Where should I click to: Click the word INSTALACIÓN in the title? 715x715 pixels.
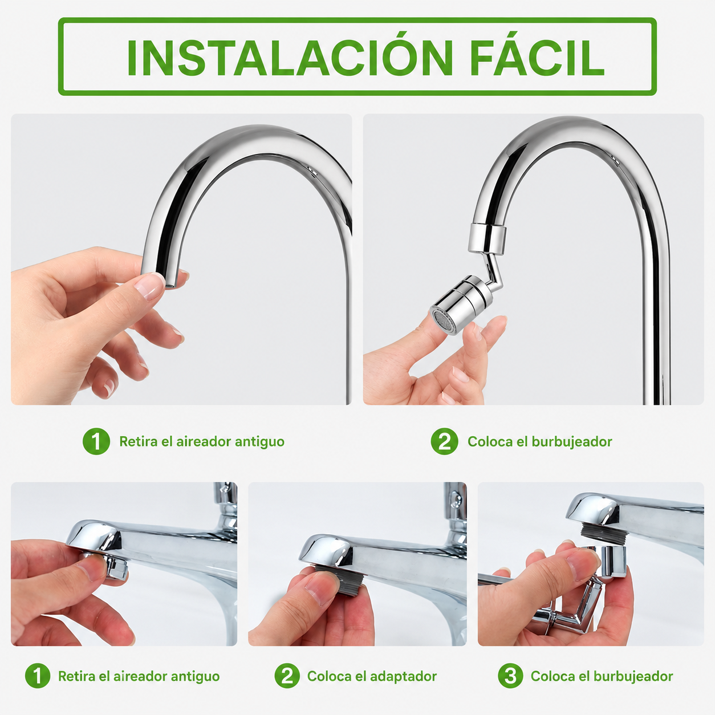290,57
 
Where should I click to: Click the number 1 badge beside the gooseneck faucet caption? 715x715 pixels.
96,441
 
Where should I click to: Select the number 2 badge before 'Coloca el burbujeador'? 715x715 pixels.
444,441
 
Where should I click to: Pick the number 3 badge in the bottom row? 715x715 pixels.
510,676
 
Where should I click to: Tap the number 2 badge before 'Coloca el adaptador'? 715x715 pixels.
287,676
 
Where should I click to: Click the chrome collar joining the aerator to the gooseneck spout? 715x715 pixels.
487,238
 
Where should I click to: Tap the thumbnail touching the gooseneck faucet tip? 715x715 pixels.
149,286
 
